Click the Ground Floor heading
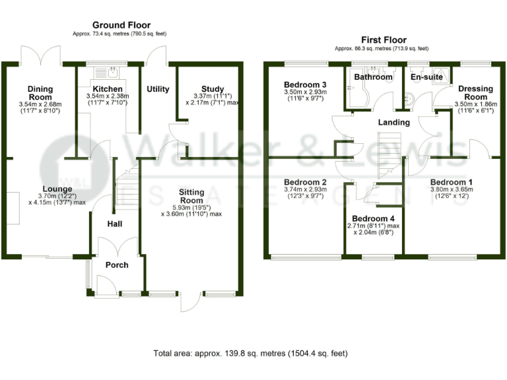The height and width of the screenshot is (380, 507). point(121,25)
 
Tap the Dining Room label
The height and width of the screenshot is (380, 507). point(40,93)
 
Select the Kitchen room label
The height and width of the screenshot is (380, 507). point(107,89)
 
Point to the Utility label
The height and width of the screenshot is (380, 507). point(158,89)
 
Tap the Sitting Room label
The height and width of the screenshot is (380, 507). point(191,196)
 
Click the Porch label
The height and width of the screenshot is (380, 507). point(117,265)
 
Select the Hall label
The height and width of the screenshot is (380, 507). point(115,224)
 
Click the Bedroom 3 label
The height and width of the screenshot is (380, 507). point(305,85)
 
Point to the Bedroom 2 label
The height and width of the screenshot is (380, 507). point(305,182)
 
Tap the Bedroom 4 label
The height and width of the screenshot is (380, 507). point(373,218)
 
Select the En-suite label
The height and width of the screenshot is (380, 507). point(426,77)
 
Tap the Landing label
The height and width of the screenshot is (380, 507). point(393,122)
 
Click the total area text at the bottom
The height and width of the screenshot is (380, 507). point(250,354)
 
